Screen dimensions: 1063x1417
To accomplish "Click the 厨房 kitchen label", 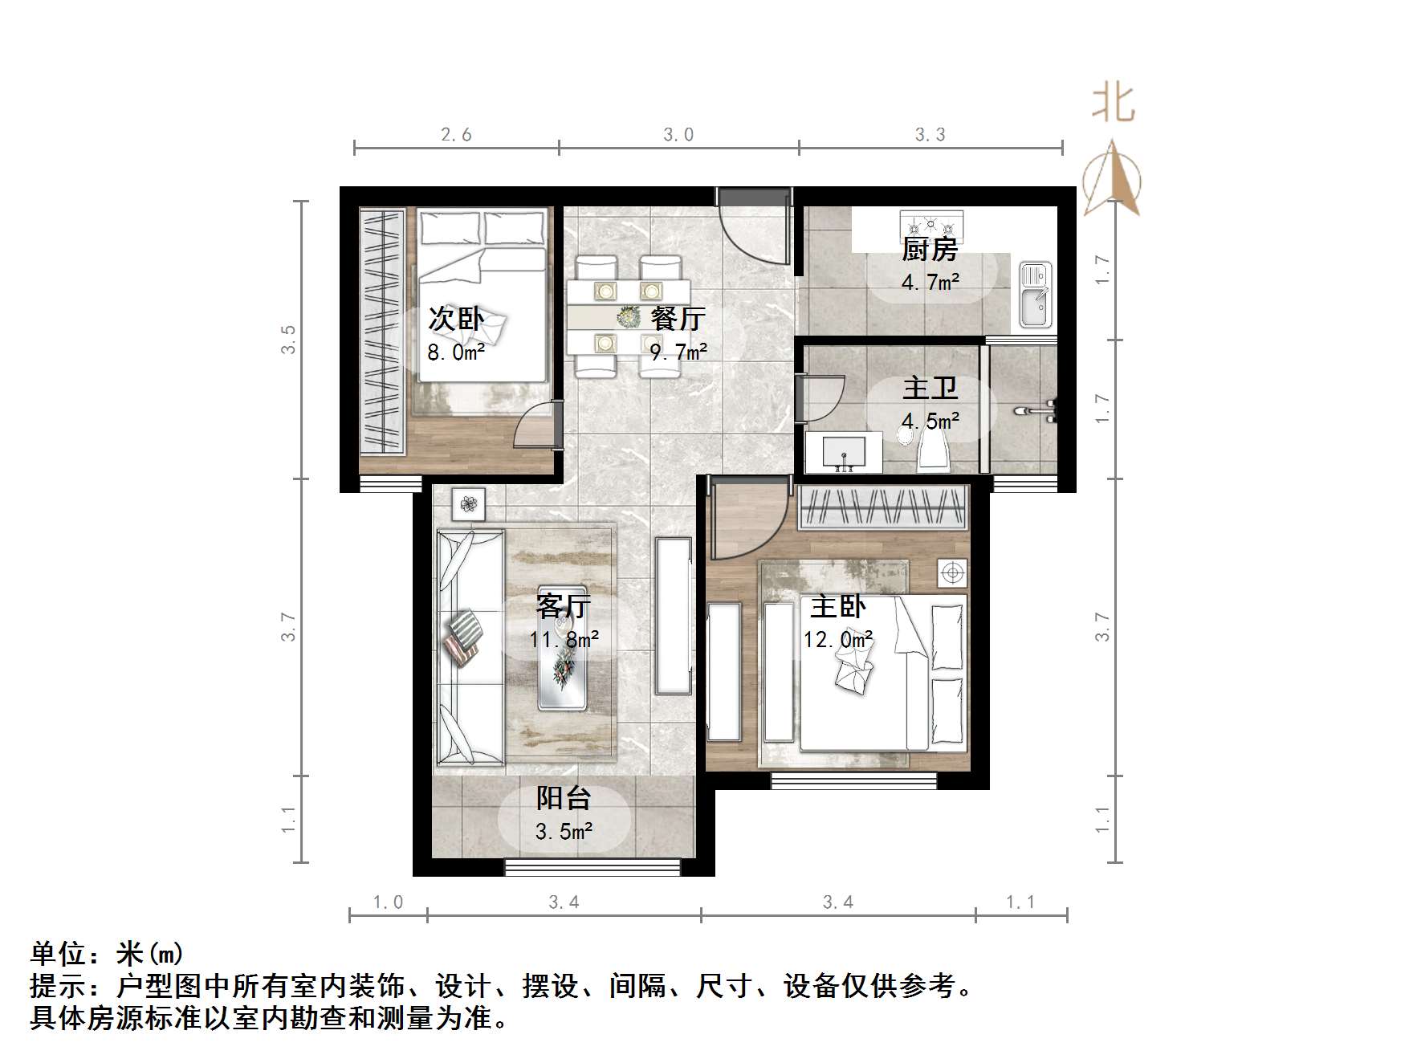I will click(x=930, y=250).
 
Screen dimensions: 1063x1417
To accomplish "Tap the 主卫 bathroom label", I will click(x=930, y=389).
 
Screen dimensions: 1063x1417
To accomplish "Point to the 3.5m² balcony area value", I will click(x=564, y=831).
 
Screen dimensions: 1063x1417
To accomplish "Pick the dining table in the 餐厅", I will click(x=628, y=316).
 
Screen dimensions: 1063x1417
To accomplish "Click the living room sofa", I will click(x=470, y=646).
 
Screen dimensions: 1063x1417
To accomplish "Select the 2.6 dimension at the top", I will click(x=456, y=135).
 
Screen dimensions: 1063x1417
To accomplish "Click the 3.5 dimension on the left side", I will click(x=288, y=339).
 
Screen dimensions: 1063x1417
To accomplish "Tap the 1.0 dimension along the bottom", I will click(x=388, y=902).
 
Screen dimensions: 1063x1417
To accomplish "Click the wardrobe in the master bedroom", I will click(x=883, y=507).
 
